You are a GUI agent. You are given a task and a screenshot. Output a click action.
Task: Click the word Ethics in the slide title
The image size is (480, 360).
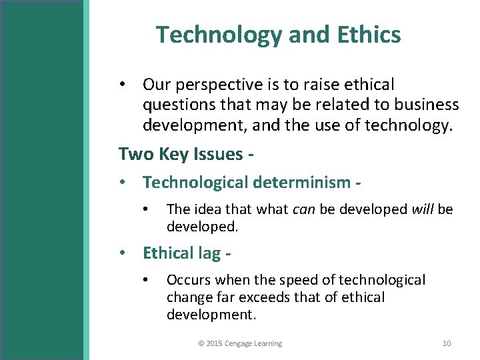[x=370, y=35]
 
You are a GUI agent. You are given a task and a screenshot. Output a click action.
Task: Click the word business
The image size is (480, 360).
[x=427, y=105]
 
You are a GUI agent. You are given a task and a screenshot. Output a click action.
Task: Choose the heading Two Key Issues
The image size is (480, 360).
[x=185, y=154]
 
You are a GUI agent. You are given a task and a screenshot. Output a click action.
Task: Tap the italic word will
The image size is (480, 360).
[x=422, y=209]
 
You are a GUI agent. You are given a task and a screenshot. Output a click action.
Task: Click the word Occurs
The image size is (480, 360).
[x=189, y=280]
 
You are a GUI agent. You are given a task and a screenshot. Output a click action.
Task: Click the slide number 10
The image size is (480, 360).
[x=447, y=343]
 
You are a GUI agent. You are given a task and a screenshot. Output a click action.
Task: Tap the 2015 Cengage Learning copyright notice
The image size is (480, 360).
[x=240, y=343]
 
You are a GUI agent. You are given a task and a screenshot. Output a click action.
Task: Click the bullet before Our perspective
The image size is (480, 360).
[x=123, y=85]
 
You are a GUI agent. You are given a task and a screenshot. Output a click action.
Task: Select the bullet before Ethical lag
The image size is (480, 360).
[x=123, y=253]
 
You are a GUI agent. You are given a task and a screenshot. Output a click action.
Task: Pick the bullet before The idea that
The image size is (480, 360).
[x=147, y=209]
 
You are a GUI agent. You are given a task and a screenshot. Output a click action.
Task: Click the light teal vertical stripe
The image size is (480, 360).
[x=86, y=180]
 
